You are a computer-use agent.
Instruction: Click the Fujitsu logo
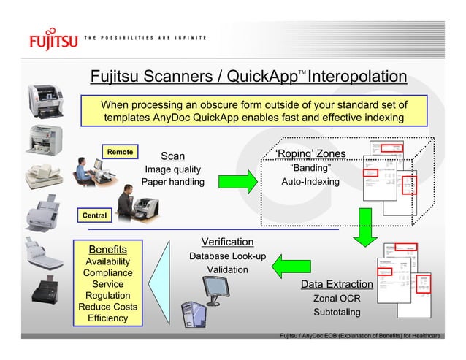pyautogui.click(x=53, y=37)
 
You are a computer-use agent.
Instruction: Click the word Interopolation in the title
pyautogui.click(x=358, y=77)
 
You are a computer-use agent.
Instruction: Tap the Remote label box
pyautogui.click(x=120, y=152)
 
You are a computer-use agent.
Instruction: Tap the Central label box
pyautogui.click(x=93, y=215)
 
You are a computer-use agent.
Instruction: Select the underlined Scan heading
pyautogui.click(x=173, y=156)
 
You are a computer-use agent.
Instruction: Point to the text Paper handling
pyautogui.click(x=173, y=182)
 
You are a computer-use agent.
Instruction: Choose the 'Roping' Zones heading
pyautogui.click(x=310, y=153)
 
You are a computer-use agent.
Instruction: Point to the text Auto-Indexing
pyautogui.click(x=310, y=181)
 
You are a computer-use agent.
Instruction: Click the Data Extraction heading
pyautogui.click(x=337, y=283)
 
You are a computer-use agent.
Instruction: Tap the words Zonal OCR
pyautogui.click(x=337, y=299)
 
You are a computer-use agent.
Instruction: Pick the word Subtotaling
pyautogui.click(x=337, y=313)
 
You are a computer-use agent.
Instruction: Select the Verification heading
pyautogui.click(x=227, y=242)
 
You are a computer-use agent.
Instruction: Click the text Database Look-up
pyautogui.click(x=227, y=257)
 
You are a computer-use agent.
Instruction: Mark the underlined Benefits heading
pyautogui.click(x=107, y=249)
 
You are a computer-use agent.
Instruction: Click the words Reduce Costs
pyautogui.click(x=107, y=307)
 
